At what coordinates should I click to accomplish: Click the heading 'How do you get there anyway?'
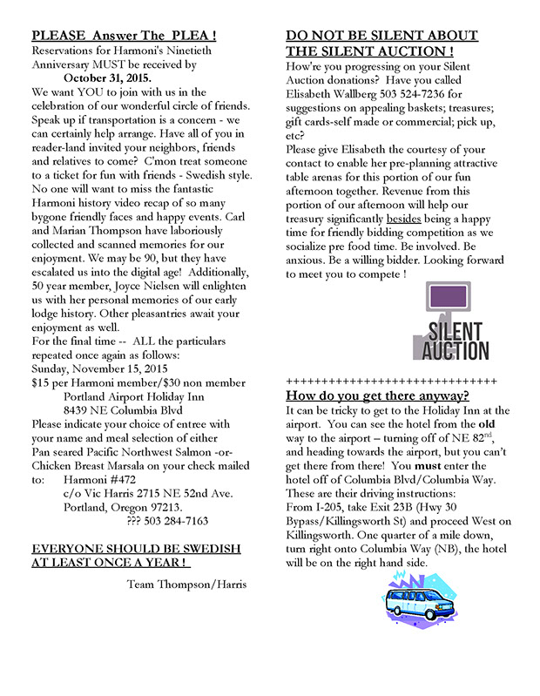pyautogui.click(x=377, y=395)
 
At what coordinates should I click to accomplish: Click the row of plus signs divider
pyautogui.click(x=390, y=381)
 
